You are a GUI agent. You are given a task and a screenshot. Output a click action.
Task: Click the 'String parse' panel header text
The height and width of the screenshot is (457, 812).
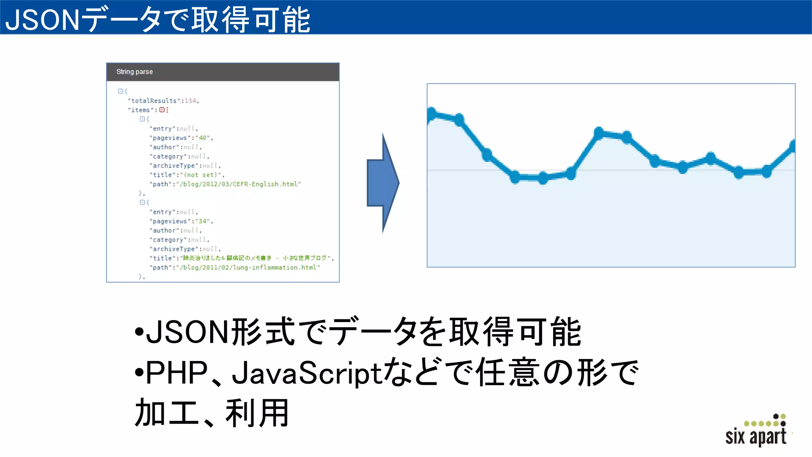[134, 72]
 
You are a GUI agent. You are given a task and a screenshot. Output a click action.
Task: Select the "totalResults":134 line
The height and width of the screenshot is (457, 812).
[163, 101]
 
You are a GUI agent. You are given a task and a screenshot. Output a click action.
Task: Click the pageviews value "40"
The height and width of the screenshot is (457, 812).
[202, 138]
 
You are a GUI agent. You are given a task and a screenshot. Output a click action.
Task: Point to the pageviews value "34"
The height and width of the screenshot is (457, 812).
[203, 221]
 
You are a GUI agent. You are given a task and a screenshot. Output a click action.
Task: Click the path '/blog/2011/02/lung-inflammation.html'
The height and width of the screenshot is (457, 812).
[248, 268]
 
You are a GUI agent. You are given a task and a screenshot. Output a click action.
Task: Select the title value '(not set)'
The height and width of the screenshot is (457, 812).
[201, 175]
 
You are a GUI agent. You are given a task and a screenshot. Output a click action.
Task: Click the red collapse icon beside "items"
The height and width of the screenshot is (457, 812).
[162, 110]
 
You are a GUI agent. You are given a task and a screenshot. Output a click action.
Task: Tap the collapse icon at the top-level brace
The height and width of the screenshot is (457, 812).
[121, 91]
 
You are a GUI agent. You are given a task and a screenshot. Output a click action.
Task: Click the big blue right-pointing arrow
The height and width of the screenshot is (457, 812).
[382, 183]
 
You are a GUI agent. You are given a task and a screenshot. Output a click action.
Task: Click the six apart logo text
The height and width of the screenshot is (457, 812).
[755, 436]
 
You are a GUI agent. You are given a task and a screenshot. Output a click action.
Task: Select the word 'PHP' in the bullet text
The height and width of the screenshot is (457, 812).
[176, 373]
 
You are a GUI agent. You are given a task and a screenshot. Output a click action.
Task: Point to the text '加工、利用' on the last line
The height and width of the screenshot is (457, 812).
[212, 413]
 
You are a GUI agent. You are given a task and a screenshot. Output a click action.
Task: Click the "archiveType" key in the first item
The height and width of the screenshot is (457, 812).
[174, 166]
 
